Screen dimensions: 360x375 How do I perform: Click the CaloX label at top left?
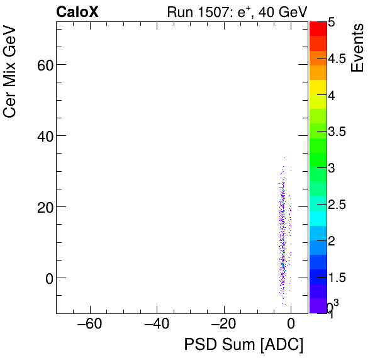[77, 11]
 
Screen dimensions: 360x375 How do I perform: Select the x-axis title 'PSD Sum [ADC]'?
[243, 345]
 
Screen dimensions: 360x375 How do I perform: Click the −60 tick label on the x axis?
[90, 325]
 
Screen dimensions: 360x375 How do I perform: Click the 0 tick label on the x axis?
[291, 325]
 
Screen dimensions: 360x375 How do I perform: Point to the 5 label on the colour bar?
[331, 22]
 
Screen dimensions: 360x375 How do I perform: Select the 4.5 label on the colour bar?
[338, 59]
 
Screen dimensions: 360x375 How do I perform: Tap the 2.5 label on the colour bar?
[338, 205]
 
